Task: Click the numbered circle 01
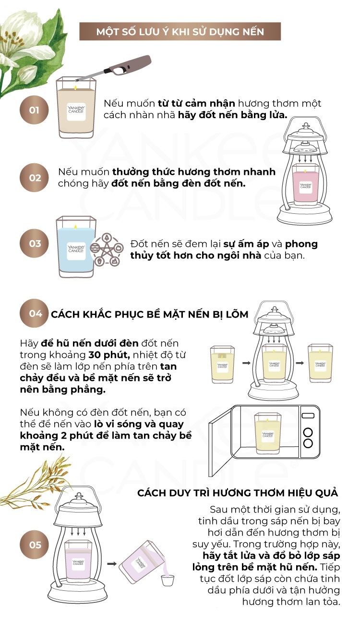point(34,110)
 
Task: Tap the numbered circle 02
point(34,178)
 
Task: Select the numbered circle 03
point(34,244)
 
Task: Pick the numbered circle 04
point(34,314)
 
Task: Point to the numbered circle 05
point(34,545)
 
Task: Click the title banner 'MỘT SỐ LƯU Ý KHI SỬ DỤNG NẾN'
point(180,31)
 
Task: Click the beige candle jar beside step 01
point(76,108)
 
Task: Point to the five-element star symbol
point(107,249)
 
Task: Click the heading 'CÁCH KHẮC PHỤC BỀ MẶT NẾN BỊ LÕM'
point(149,314)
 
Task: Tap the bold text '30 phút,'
point(109,355)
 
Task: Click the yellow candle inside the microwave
point(268,432)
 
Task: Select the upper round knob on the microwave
point(308,432)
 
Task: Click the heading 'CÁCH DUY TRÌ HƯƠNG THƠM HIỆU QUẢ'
point(238,493)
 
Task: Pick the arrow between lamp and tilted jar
point(112,563)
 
